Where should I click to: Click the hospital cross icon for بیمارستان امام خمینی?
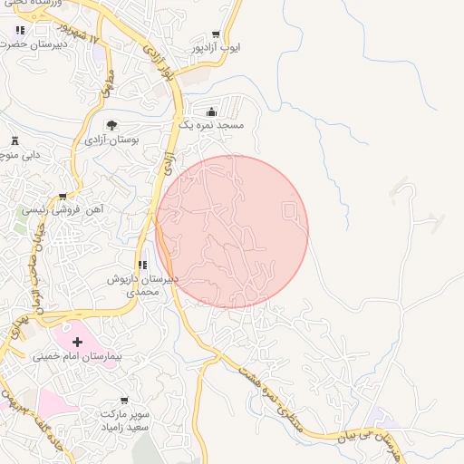coord(77,343)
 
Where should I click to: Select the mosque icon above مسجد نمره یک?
coord(211,111)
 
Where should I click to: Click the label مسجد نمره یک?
coord(211,125)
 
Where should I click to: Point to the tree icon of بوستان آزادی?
coord(111,125)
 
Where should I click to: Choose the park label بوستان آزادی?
coord(111,140)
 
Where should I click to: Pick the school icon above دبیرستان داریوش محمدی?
coord(142,265)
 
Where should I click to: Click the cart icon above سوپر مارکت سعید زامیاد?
coord(124,400)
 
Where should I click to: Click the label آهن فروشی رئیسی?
coord(63,209)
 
